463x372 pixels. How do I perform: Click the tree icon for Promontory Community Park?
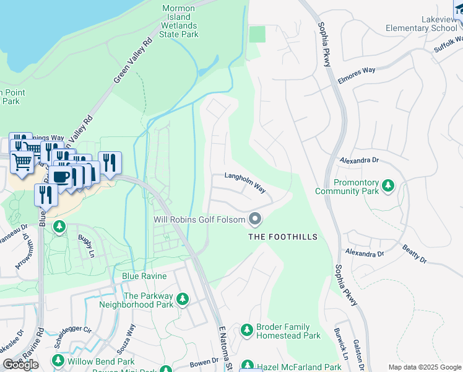pos(388,185)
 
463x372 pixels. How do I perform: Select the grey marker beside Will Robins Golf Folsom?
pos(255,219)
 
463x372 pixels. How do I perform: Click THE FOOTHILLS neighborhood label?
pos(283,237)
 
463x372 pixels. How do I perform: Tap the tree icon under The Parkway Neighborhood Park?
pos(182,300)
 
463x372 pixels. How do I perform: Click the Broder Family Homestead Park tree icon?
pos(246,329)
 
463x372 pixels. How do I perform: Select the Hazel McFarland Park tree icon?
pos(246,366)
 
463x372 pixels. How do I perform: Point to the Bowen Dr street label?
pos(205,360)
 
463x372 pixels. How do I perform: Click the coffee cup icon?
pos(61,177)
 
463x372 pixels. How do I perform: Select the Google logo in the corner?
pos(21,365)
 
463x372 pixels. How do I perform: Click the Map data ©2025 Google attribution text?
pos(424,367)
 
